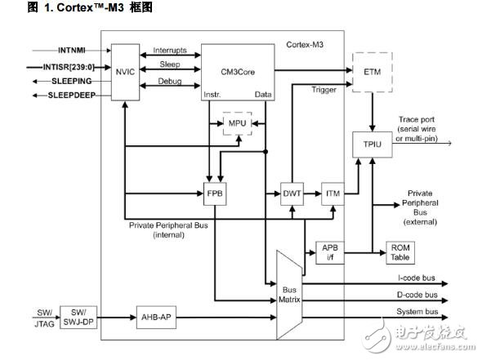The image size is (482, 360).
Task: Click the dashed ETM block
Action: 372,71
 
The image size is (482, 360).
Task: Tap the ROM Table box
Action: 399,252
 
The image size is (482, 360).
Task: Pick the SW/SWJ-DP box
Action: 78,315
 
